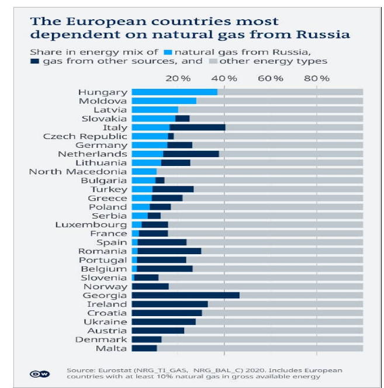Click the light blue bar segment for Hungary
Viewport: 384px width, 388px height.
pos(174,92)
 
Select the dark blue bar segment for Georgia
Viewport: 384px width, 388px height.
pos(185,295)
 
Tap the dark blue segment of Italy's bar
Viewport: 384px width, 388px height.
pos(197,127)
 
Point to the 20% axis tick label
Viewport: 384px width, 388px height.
pos(178,78)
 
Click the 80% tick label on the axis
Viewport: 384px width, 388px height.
pos(317,78)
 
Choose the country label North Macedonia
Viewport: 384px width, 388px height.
pos(78,171)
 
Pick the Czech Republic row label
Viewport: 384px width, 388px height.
pos(85,136)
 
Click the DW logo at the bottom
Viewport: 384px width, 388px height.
pos(40,373)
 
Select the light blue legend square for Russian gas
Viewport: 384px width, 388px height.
pos(168,52)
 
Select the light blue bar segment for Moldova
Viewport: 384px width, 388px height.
pos(164,101)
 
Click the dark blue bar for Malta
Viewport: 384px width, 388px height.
pos(144,348)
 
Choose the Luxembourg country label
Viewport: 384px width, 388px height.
pos(91,224)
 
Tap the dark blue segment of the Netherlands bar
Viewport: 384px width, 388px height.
pos(191,154)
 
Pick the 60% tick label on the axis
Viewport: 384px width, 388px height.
pos(270,78)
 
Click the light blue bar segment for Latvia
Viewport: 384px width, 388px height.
pos(154,109)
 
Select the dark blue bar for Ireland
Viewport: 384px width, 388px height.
pos(169,304)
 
